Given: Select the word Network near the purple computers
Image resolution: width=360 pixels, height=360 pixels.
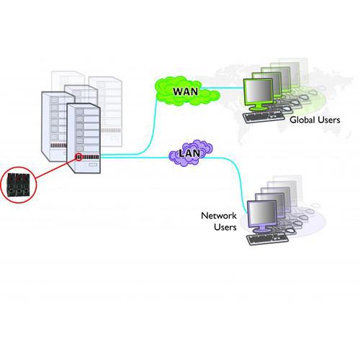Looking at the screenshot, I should click(x=218, y=216).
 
